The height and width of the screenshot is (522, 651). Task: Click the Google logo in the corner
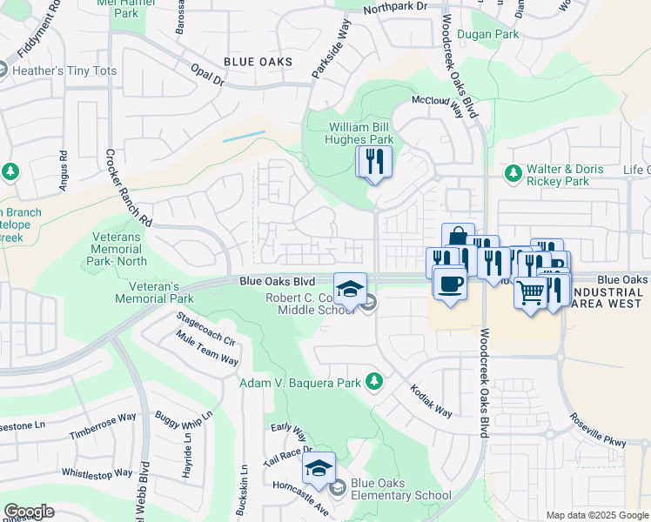[29, 512]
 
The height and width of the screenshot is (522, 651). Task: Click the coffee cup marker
[449, 284]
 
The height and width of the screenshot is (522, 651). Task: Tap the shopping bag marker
[458, 238]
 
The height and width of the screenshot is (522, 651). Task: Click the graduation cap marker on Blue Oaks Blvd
[350, 289]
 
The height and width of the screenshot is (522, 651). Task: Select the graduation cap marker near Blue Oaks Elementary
[319, 470]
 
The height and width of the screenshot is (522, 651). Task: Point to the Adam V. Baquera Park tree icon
[374, 381]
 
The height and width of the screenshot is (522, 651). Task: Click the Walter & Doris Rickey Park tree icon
[513, 174]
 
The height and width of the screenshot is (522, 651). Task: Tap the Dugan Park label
[494, 35]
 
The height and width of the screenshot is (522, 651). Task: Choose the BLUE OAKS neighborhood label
[257, 62]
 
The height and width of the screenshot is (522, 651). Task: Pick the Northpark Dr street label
[397, 7]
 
